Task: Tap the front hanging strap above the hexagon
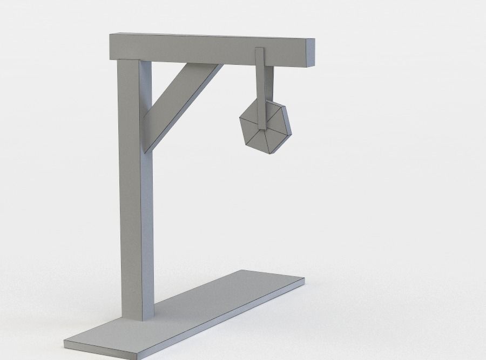click(260, 86)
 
